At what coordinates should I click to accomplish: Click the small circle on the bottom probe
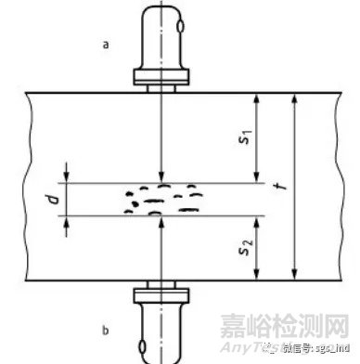[x=143, y=348]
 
